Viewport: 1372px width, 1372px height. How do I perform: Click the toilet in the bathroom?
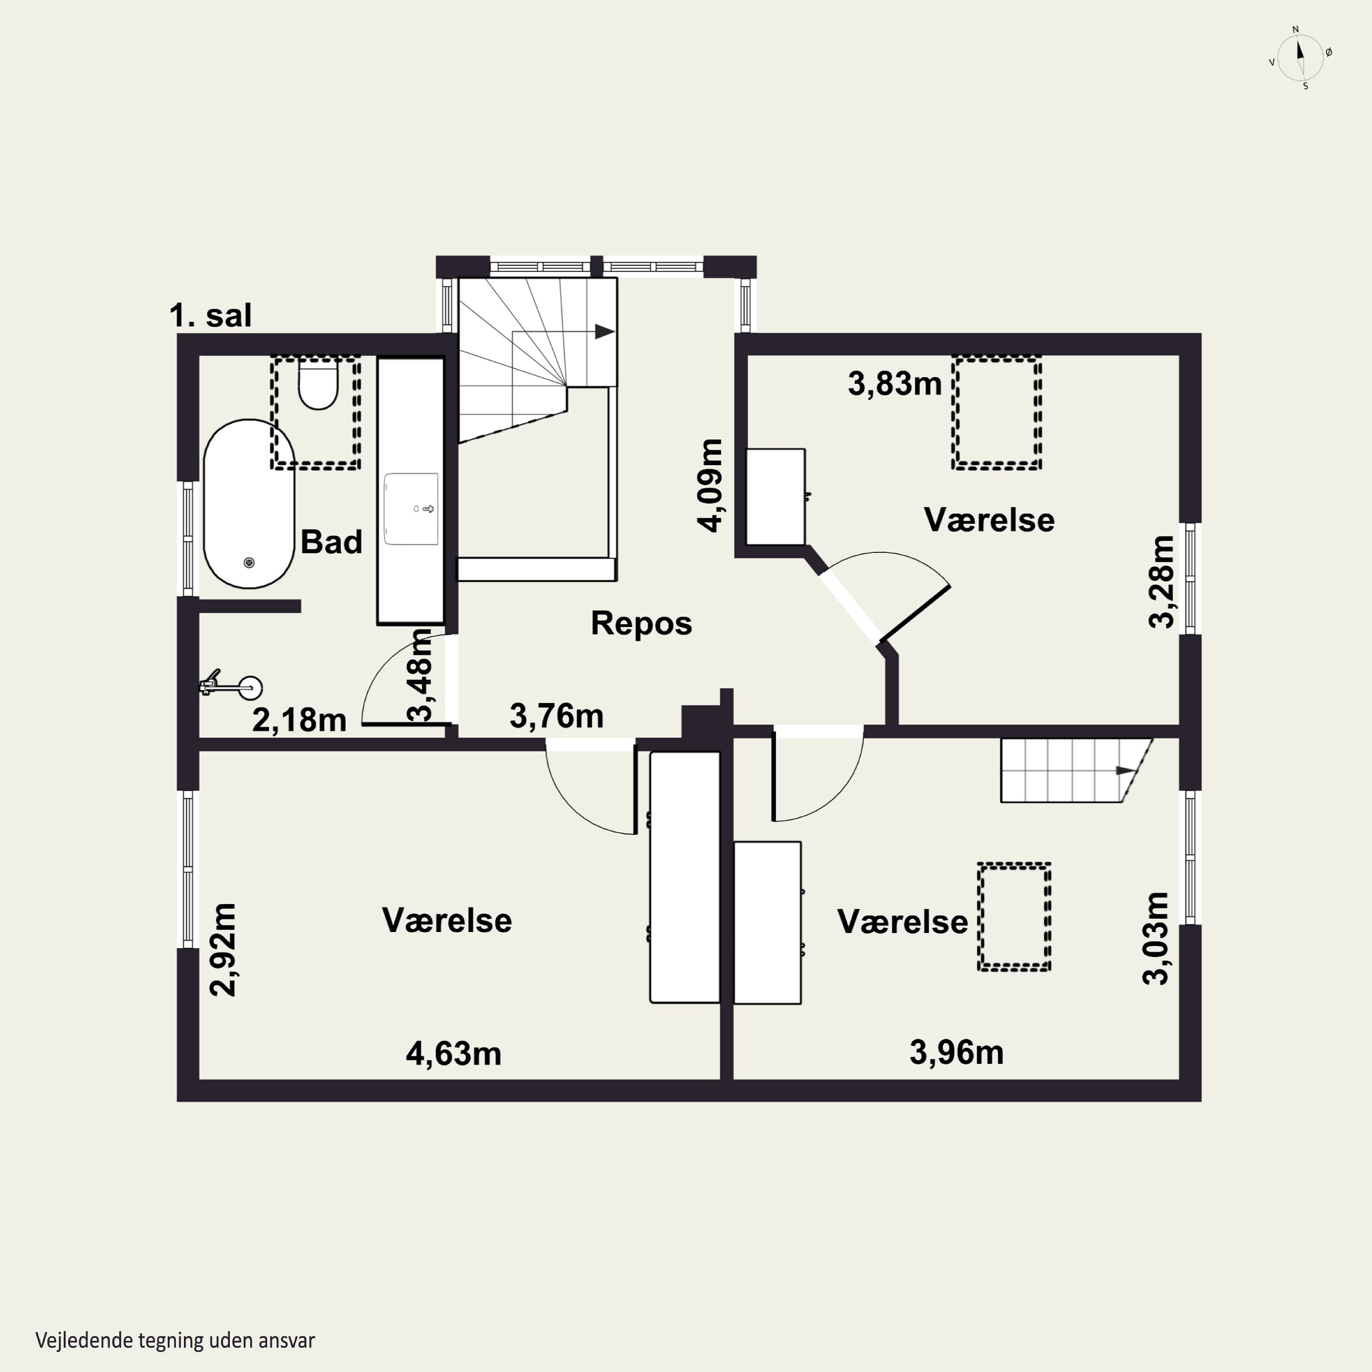[317, 384]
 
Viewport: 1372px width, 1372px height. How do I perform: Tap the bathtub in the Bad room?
[248, 504]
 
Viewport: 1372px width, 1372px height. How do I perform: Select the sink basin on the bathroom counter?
[411, 509]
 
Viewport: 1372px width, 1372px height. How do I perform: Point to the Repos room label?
[641, 623]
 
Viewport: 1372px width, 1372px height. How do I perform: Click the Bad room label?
[331, 542]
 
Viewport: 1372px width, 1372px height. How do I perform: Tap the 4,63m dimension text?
[454, 1053]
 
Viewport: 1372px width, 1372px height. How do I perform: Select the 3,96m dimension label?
[957, 1052]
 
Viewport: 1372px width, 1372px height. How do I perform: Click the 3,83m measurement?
[895, 384]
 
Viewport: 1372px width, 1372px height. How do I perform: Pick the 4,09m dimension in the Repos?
[710, 485]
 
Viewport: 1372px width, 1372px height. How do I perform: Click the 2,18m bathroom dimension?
[299, 720]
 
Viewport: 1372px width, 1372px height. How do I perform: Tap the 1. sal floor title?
[210, 315]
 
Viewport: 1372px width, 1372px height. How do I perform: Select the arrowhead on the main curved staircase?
[605, 331]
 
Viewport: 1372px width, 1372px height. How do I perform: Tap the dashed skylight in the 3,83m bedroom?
[997, 413]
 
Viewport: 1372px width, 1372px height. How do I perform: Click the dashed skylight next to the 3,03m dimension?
[1013, 917]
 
